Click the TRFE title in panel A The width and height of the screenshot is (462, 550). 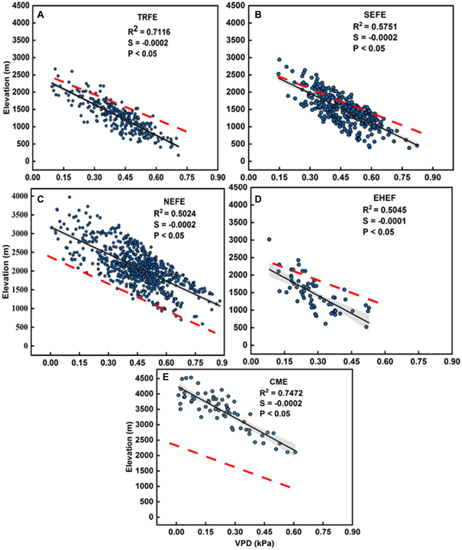pos(147,17)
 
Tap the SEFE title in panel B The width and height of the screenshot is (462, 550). pos(375,14)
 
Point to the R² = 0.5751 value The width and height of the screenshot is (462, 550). pos(375,26)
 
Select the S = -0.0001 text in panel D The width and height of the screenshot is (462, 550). pos(384,221)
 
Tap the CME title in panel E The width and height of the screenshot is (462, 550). pos(278,382)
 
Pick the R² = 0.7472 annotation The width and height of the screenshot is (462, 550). pos(281,393)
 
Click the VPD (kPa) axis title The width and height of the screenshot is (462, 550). pos(255,543)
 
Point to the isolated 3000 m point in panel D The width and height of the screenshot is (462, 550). pos(269,239)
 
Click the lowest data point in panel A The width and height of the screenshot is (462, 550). pos(178,155)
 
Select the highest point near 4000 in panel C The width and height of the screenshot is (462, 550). pos(70,197)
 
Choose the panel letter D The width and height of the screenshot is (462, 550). pos(258,199)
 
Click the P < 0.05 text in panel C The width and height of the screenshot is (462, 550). pos(169,235)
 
